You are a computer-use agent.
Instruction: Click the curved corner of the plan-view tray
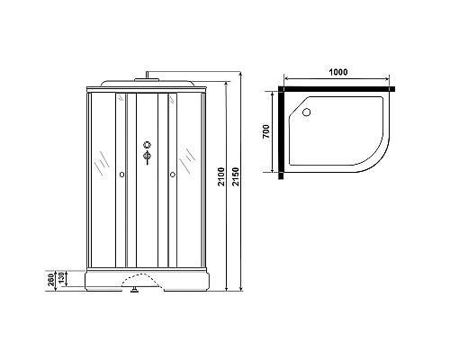378,157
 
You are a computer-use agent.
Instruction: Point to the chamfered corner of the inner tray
294,101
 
